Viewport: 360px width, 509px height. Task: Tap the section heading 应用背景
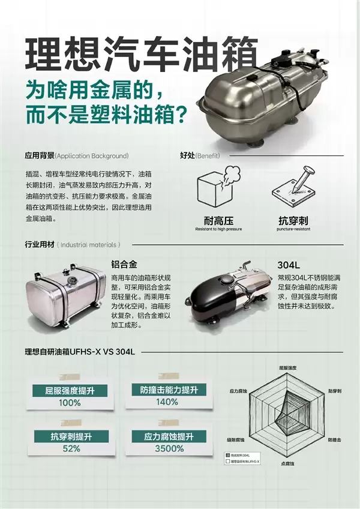[x=39, y=155]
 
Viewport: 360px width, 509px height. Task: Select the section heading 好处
[x=188, y=155]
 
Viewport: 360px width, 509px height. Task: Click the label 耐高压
[x=218, y=220]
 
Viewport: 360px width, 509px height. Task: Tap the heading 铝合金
[x=124, y=264]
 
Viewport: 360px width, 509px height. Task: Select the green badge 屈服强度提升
[x=70, y=391]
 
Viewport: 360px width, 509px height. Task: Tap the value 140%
[x=167, y=402]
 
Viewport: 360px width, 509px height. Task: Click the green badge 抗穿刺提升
[x=70, y=436]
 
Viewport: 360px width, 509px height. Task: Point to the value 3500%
[x=168, y=448]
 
